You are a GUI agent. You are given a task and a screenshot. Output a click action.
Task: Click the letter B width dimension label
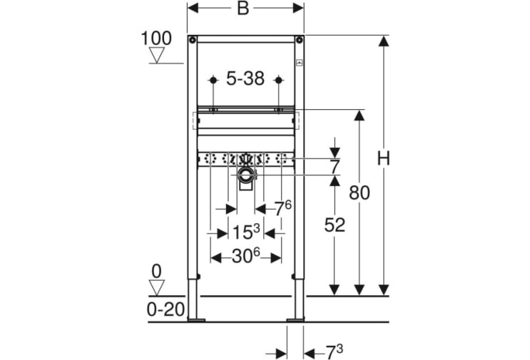[x=243, y=8]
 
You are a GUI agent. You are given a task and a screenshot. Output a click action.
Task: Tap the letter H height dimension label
[x=383, y=158]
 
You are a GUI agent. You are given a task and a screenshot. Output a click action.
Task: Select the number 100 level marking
[x=156, y=38]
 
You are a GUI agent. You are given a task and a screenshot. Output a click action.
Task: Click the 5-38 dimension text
[x=245, y=79]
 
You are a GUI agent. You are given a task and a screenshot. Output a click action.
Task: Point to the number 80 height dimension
[x=360, y=193]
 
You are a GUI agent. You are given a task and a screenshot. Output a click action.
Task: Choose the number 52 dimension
[x=335, y=225]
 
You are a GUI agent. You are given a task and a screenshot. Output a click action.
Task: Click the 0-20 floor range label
[x=165, y=309]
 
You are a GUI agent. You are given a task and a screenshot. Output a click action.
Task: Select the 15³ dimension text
[x=246, y=232]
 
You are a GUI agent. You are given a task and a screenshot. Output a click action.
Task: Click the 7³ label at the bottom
[x=335, y=353]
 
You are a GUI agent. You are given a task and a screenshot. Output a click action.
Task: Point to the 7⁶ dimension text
[x=282, y=208]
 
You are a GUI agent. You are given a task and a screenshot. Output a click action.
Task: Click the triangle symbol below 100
[x=157, y=55]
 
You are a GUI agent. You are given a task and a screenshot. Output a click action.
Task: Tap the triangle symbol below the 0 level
[x=157, y=288]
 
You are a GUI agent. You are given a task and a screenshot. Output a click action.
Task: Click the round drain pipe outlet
[x=245, y=175]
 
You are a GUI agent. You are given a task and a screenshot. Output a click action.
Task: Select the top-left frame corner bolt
[x=193, y=41]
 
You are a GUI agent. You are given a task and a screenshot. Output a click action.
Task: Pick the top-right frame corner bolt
[x=299, y=41]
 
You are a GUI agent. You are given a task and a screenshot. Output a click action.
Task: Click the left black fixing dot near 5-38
[x=213, y=81]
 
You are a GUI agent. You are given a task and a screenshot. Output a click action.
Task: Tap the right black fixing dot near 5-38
[x=278, y=81]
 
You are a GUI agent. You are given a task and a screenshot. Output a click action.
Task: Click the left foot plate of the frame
[x=195, y=319]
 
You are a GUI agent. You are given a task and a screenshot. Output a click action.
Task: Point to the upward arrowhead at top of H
[x=383, y=41]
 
